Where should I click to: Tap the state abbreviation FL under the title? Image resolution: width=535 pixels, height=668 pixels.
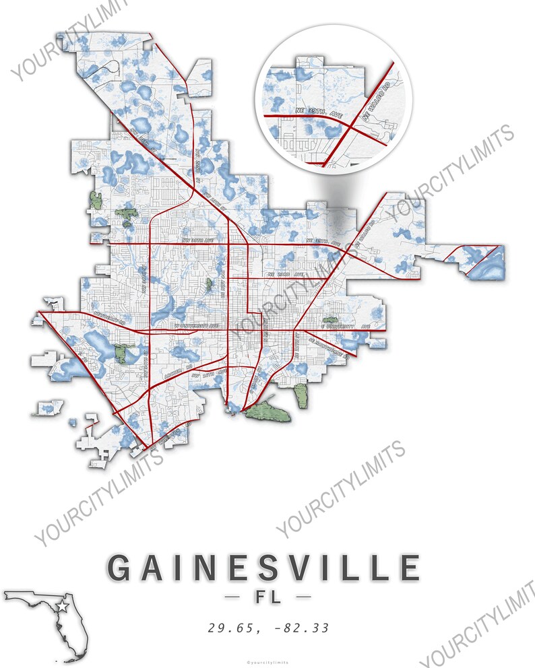[267, 597]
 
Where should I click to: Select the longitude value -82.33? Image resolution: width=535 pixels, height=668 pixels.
[301, 628]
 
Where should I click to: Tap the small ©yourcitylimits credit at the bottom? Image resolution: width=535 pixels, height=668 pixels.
[267, 662]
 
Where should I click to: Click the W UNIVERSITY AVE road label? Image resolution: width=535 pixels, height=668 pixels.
[197, 326]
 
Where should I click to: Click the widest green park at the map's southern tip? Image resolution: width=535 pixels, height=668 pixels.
[268, 412]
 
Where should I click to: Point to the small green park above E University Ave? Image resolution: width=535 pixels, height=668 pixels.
[330, 321]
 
